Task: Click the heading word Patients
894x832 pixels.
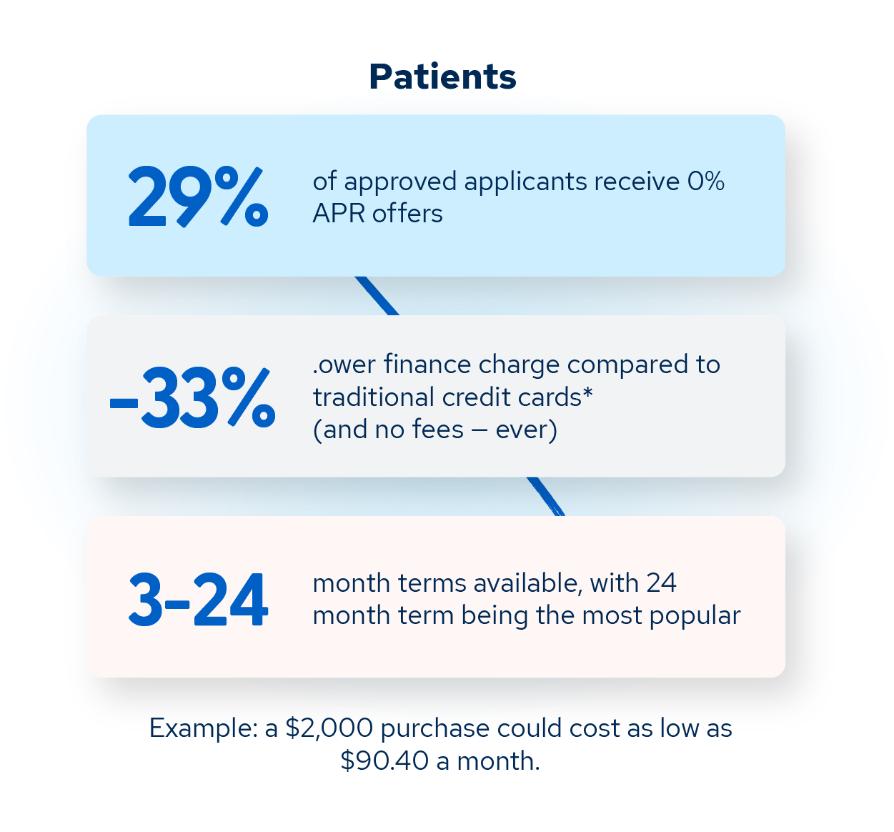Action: tap(442, 77)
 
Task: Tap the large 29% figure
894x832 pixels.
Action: tap(198, 197)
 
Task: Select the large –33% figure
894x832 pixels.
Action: tap(192, 398)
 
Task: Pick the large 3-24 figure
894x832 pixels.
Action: tap(198, 600)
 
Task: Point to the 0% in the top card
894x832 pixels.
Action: tap(706, 182)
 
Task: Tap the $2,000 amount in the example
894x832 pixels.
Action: tap(329, 728)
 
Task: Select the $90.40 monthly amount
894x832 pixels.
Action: tap(384, 761)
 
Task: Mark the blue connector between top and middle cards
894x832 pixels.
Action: tap(377, 296)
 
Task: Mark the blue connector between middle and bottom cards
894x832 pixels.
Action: tap(546, 497)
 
